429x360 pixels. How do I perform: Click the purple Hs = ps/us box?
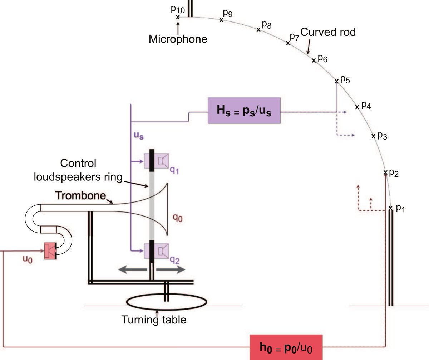point(245,111)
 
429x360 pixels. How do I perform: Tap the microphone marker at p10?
point(178,17)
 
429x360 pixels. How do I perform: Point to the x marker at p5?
point(336,82)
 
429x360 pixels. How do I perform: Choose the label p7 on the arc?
point(294,37)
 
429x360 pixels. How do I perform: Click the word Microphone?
point(178,39)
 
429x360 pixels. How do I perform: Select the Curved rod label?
point(328,32)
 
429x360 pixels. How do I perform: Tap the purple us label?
point(138,136)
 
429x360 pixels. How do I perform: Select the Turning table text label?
point(154,319)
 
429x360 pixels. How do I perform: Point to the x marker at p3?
point(373,136)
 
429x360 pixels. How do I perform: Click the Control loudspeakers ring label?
point(92,170)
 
